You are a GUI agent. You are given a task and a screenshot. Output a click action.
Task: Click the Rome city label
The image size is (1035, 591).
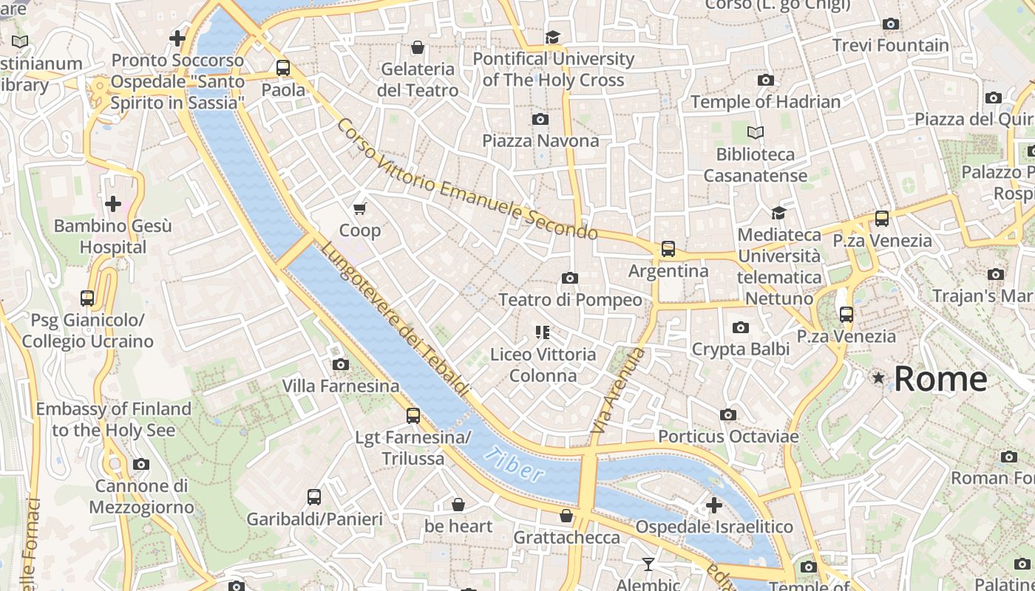tap(940, 379)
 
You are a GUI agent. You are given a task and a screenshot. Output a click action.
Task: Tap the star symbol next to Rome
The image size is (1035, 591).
tap(878, 378)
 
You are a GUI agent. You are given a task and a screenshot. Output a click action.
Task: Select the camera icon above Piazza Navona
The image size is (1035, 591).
tap(540, 119)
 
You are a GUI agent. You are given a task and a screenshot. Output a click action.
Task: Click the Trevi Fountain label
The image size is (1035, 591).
tap(890, 45)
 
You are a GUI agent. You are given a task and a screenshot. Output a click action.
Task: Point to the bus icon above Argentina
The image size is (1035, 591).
tap(668, 249)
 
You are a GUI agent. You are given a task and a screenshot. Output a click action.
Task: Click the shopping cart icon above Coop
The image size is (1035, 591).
tap(360, 209)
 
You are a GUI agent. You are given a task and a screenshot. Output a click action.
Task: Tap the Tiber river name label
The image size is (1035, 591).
tap(515, 465)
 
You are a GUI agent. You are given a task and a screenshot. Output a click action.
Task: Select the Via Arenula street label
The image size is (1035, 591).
tap(618, 392)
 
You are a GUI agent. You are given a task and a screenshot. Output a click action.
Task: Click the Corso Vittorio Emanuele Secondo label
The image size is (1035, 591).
tap(467, 180)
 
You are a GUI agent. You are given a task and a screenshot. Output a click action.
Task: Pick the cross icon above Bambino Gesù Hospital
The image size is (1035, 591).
tap(113, 203)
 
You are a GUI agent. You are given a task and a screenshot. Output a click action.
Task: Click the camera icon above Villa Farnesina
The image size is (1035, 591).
tap(341, 364)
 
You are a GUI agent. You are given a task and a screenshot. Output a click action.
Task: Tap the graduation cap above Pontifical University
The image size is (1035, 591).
tap(552, 37)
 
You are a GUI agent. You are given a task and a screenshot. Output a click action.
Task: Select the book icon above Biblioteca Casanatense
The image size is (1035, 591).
tap(755, 133)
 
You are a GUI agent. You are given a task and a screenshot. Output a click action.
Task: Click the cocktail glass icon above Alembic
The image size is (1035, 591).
tap(648, 564)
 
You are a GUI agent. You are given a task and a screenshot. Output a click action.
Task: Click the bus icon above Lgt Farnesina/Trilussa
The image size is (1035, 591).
tap(413, 416)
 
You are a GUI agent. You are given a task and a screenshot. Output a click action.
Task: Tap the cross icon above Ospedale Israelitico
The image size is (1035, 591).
tap(714, 505)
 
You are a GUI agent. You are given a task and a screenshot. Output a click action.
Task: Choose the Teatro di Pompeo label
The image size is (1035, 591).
tap(570, 300)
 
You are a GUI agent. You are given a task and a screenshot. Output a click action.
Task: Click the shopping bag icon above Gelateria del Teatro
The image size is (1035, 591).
tap(418, 48)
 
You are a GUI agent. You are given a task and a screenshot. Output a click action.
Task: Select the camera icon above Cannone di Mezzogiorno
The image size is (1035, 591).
tap(140, 465)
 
